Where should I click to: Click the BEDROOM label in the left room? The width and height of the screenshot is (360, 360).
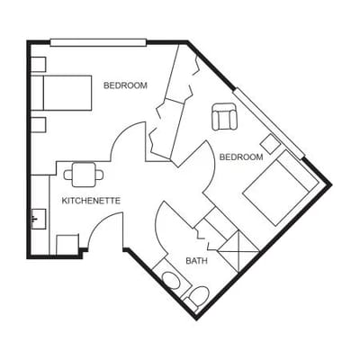point(125,85)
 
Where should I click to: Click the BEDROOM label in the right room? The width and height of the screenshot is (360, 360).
point(242,157)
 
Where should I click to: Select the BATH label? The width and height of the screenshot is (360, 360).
point(196,261)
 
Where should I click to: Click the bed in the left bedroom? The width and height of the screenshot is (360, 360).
point(66,93)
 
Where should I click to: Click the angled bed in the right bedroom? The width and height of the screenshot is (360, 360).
point(275,189)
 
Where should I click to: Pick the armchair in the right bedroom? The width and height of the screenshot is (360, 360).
point(224,117)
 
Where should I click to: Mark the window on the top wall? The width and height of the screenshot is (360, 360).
point(97,41)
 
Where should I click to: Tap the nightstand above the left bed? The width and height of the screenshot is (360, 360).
point(38,65)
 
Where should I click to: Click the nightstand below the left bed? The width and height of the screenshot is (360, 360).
point(38,124)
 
